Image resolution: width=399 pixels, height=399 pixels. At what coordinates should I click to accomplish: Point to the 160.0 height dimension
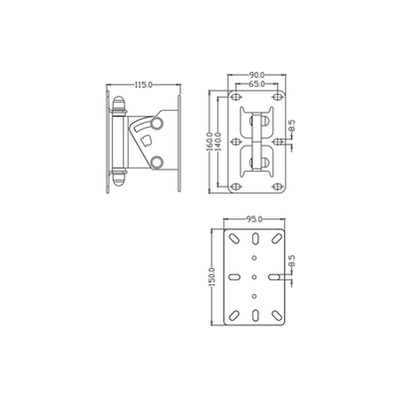[209, 143]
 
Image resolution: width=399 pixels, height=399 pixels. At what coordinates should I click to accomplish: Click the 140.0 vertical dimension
[218, 143]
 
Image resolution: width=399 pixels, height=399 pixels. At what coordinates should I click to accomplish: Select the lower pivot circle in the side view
[156, 163]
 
